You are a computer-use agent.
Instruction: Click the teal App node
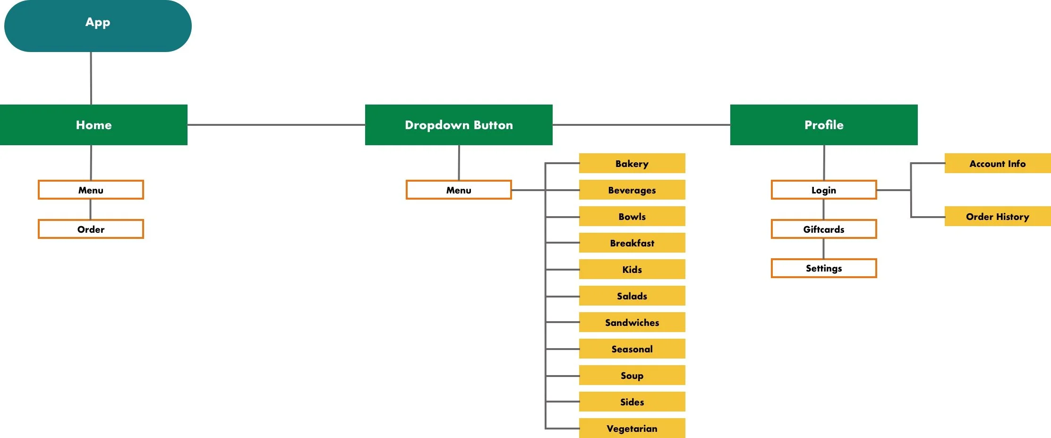[x=98, y=26]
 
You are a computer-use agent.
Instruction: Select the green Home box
[x=94, y=125]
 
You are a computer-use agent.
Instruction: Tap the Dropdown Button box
[x=459, y=125]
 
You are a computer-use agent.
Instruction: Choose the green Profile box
[x=824, y=125]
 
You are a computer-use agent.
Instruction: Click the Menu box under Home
[x=91, y=190]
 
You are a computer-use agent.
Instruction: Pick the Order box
[x=91, y=229]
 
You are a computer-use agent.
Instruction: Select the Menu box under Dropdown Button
[x=459, y=190]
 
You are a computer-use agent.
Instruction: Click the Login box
[x=824, y=190]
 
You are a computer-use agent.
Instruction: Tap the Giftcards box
[x=824, y=229]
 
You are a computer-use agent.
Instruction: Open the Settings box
[x=824, y=268]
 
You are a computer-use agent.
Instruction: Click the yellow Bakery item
[x=632, y=163]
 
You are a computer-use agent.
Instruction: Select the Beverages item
[x=632, y=190]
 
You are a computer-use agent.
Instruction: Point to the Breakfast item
[x=632, y=243]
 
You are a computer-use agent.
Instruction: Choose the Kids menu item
[x=632, y=269]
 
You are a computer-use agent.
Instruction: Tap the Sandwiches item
[x=632, y=322]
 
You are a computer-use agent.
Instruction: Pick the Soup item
[x=632, y=375]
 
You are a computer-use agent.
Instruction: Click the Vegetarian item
[x=632, y=428]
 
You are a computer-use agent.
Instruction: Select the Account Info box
[x=998, y=163]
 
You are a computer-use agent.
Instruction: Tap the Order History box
[x=998, y=216]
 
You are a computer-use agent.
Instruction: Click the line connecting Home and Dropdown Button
[x=276, y=125]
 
